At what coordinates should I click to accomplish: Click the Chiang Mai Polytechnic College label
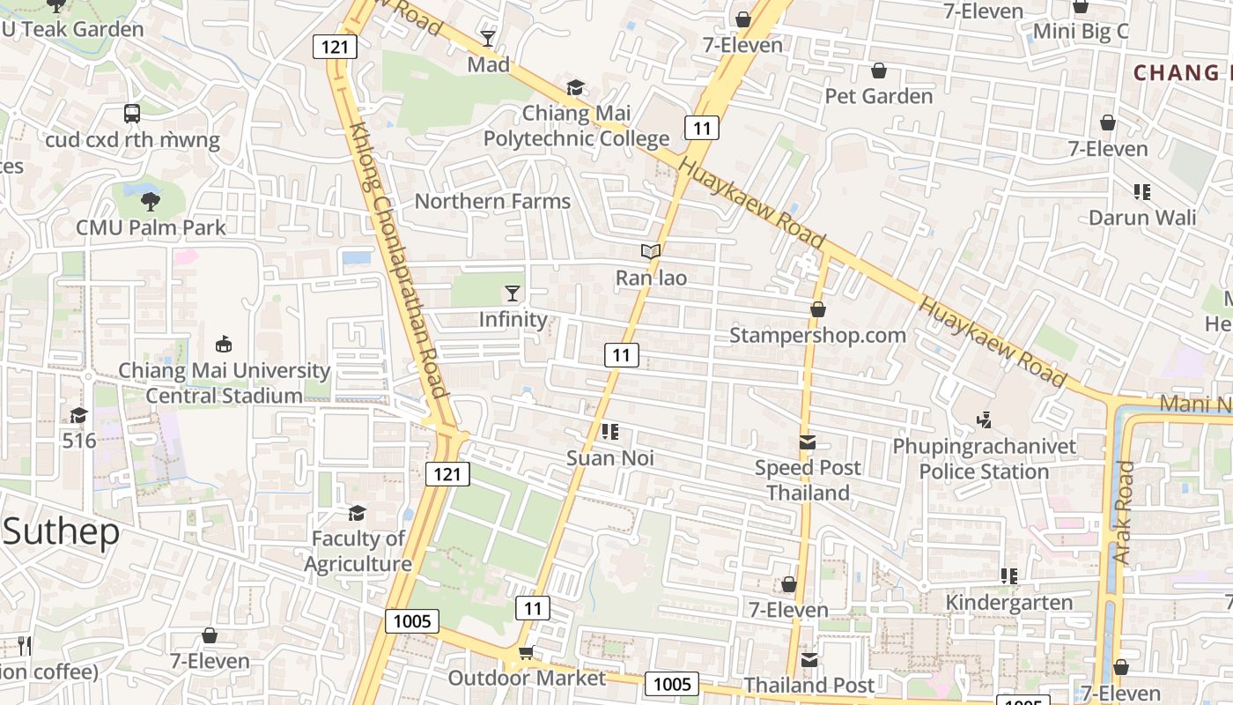click(x=576, y=126)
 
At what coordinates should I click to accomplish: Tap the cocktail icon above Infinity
click(x=513, y=293)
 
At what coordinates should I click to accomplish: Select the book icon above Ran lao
click(x=651, y=252)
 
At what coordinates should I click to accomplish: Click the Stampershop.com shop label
click(x=817, y=336)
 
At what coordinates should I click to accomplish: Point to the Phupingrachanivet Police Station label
click(x=984, y=459)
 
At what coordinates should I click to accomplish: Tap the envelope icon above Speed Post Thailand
click(x=808, y=442)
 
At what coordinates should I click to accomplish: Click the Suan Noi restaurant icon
click(x=609, y=432)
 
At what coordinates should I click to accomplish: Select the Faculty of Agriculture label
click(x=358, y=551)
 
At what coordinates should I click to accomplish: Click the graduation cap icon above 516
click(x=78, y=415)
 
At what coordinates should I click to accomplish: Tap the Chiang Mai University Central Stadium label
click(x=224, y=383)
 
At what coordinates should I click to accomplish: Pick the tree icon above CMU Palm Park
click(x=151, y=201)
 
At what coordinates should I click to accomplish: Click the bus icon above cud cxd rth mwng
click(x=132, y=114)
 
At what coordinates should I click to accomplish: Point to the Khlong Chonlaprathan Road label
click(x=400, y=260)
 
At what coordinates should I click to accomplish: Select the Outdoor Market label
click(x=527, y=678)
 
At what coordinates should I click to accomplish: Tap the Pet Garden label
click(x=878, y=96)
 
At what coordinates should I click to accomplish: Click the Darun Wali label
click(x=1142, y=218)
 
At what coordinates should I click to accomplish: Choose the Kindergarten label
click(x=1008, y=603)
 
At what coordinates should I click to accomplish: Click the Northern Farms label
click(x=492, y=201)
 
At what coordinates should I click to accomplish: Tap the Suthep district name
click(x=60, y=532)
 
